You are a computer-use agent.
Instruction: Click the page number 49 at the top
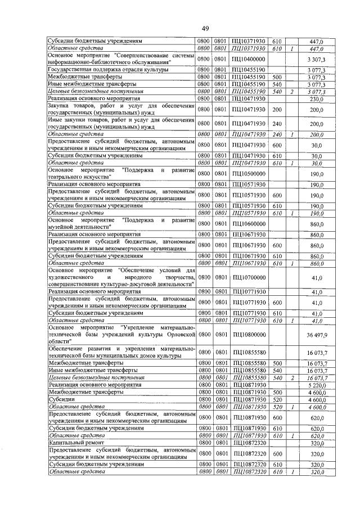click(x=205, y=29)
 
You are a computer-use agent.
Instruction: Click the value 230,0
click(x=319, y=98)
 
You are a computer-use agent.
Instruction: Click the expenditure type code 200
click(x=277, y=109)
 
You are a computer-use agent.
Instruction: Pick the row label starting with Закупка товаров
click(x=121, y=109)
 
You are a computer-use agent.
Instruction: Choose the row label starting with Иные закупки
click(x=121, y=124)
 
